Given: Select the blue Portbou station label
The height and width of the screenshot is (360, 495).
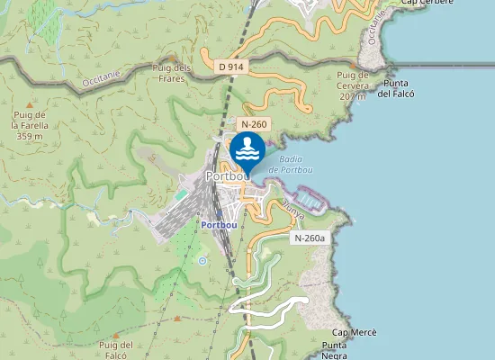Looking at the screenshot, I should click(x=220, y=224).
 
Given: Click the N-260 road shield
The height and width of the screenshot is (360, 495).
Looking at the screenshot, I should click(x=253, y=123).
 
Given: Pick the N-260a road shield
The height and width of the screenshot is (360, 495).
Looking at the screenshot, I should click(x=309, y=238).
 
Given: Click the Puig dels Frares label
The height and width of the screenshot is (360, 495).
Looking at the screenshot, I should click(x=172, y=72).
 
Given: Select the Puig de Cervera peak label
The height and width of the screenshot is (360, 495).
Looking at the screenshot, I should click(x=354, y=80).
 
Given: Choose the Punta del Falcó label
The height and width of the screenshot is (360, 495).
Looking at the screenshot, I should click(x=396, y=87).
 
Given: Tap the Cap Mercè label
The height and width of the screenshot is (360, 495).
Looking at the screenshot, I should click(x=354, y=332).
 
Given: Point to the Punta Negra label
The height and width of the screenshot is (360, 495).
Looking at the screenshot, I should click(x=335, y=350).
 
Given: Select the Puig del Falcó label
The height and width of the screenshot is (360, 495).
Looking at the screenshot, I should click(x=117, y=349).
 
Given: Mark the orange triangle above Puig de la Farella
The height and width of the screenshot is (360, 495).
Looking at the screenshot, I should click(x=30, y=105).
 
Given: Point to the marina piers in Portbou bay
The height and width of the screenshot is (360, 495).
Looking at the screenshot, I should click(x=309, y=196).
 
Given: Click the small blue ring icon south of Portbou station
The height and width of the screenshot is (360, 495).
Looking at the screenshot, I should click(x=202, y=260).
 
